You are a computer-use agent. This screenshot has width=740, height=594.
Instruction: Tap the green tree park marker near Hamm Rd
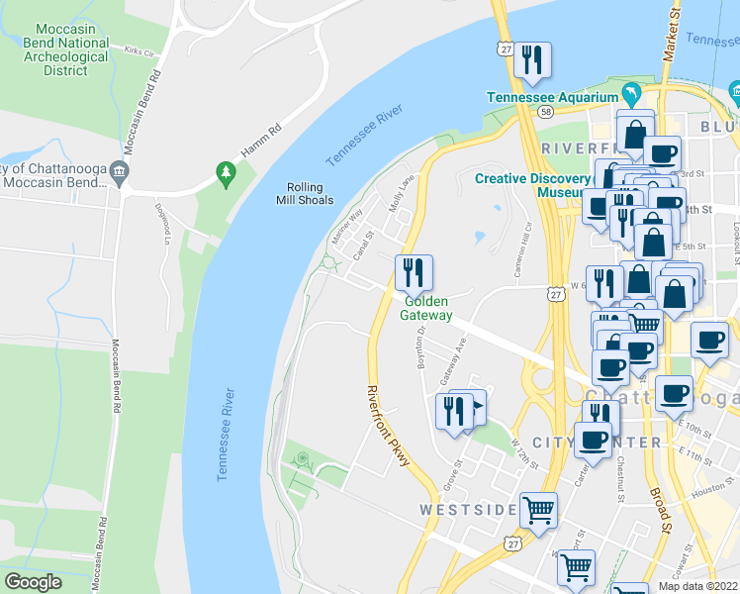pos(227,174)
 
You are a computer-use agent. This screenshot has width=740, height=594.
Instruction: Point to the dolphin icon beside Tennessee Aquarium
pos(629,95)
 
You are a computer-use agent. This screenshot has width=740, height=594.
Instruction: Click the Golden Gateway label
pos(425,308)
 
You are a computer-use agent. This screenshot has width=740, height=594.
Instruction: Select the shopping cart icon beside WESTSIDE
pos(539,511)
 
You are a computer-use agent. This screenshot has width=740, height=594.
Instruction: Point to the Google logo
pos(34,582)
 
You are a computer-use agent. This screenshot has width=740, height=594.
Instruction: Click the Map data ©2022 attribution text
pos(697,586)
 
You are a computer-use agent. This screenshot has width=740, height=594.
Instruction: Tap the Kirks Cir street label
pos(140,49)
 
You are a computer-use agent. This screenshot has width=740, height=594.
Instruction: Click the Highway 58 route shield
pos(545,114)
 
